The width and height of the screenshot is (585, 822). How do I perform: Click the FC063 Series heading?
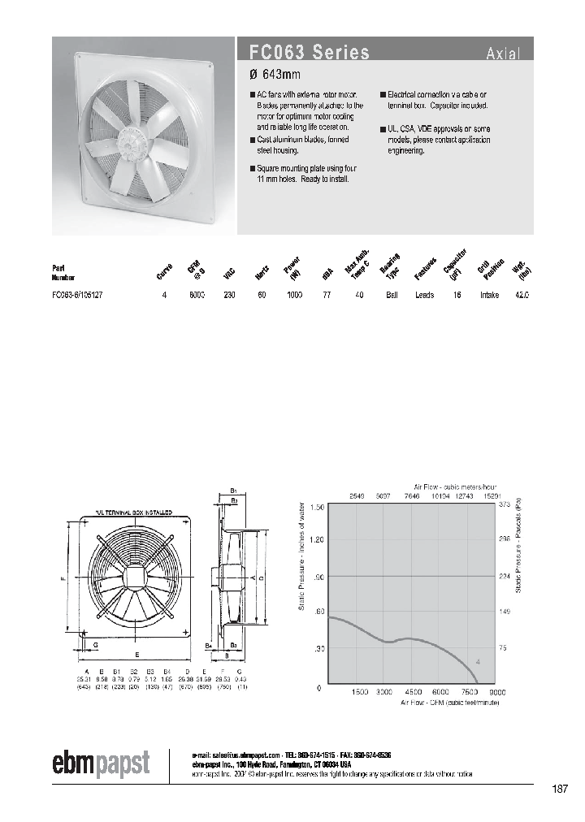[310, 53]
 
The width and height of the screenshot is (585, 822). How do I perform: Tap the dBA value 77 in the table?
[327, 296]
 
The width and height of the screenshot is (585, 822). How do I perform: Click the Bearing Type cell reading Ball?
[392, 296]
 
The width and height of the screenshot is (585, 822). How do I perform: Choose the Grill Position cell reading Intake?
[489, 296]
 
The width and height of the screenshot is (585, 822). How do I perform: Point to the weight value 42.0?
[522, 296]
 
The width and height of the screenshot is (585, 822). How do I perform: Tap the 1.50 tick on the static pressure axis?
[317, 506]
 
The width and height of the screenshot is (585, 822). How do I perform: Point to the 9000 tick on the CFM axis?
[496, 692]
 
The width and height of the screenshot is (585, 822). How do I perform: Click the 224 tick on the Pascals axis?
[504, 577]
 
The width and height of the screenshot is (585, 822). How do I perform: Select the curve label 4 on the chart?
[478, 663]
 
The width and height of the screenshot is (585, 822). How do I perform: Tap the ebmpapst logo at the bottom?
[102, 764]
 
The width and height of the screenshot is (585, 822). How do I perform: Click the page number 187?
[560, 790]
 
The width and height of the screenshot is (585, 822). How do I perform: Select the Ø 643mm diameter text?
[275, 76]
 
